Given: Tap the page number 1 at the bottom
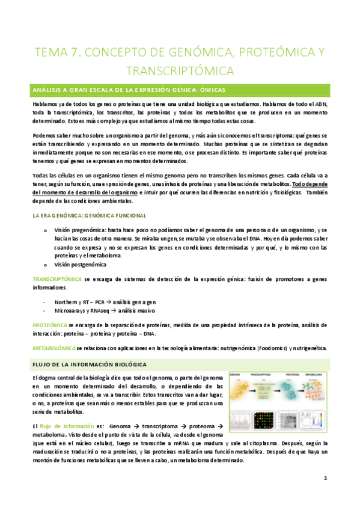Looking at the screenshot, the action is coord(325,479).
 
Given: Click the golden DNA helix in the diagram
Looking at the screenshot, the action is coord(239,392).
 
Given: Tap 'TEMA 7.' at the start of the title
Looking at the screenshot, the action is coord(53,52).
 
